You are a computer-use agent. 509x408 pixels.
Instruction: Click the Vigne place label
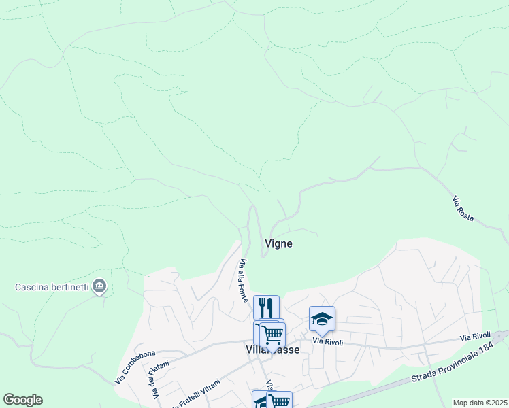(278, 243)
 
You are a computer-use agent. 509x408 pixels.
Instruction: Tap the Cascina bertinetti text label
(52, 286)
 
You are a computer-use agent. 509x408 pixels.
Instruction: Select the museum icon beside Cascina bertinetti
(99, 286)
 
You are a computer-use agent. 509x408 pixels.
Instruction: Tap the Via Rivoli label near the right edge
(474, 337)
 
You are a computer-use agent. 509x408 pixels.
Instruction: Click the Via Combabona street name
(135, 364)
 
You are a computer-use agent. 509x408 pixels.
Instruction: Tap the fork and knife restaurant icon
(266, 307)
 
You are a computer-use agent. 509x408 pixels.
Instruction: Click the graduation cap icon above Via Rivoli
(322, 318)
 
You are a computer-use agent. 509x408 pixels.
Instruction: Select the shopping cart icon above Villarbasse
(272, 334)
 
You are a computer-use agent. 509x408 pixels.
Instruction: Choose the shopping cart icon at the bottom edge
(279, 401)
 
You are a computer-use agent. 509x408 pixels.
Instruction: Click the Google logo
(22, 400)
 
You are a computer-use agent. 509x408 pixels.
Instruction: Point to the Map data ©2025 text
(479, 403)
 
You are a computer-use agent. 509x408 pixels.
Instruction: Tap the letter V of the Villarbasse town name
(248, 349)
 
